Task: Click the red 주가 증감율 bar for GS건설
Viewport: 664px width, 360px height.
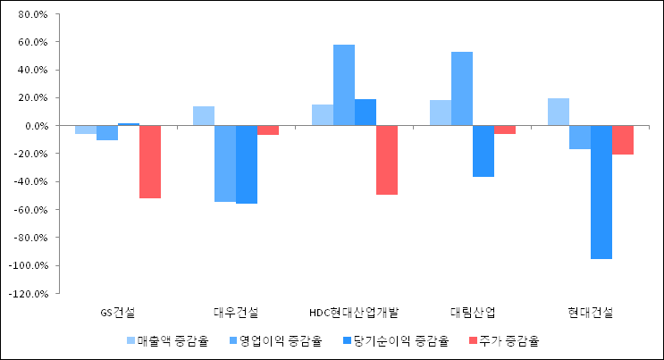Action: pos(149,162)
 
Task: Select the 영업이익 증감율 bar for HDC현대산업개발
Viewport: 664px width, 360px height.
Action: pos(344,85)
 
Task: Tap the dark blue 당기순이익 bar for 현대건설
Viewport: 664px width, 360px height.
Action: pos(601,192)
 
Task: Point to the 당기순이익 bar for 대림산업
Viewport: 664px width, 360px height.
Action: pos(483,151)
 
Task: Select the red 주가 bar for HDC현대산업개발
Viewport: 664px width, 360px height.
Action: pos(387,160)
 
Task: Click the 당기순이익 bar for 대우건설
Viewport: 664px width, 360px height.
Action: pos(247,164)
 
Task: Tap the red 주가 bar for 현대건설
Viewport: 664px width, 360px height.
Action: pos(623,140)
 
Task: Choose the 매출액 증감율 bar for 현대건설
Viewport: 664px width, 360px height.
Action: pos(559,112)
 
